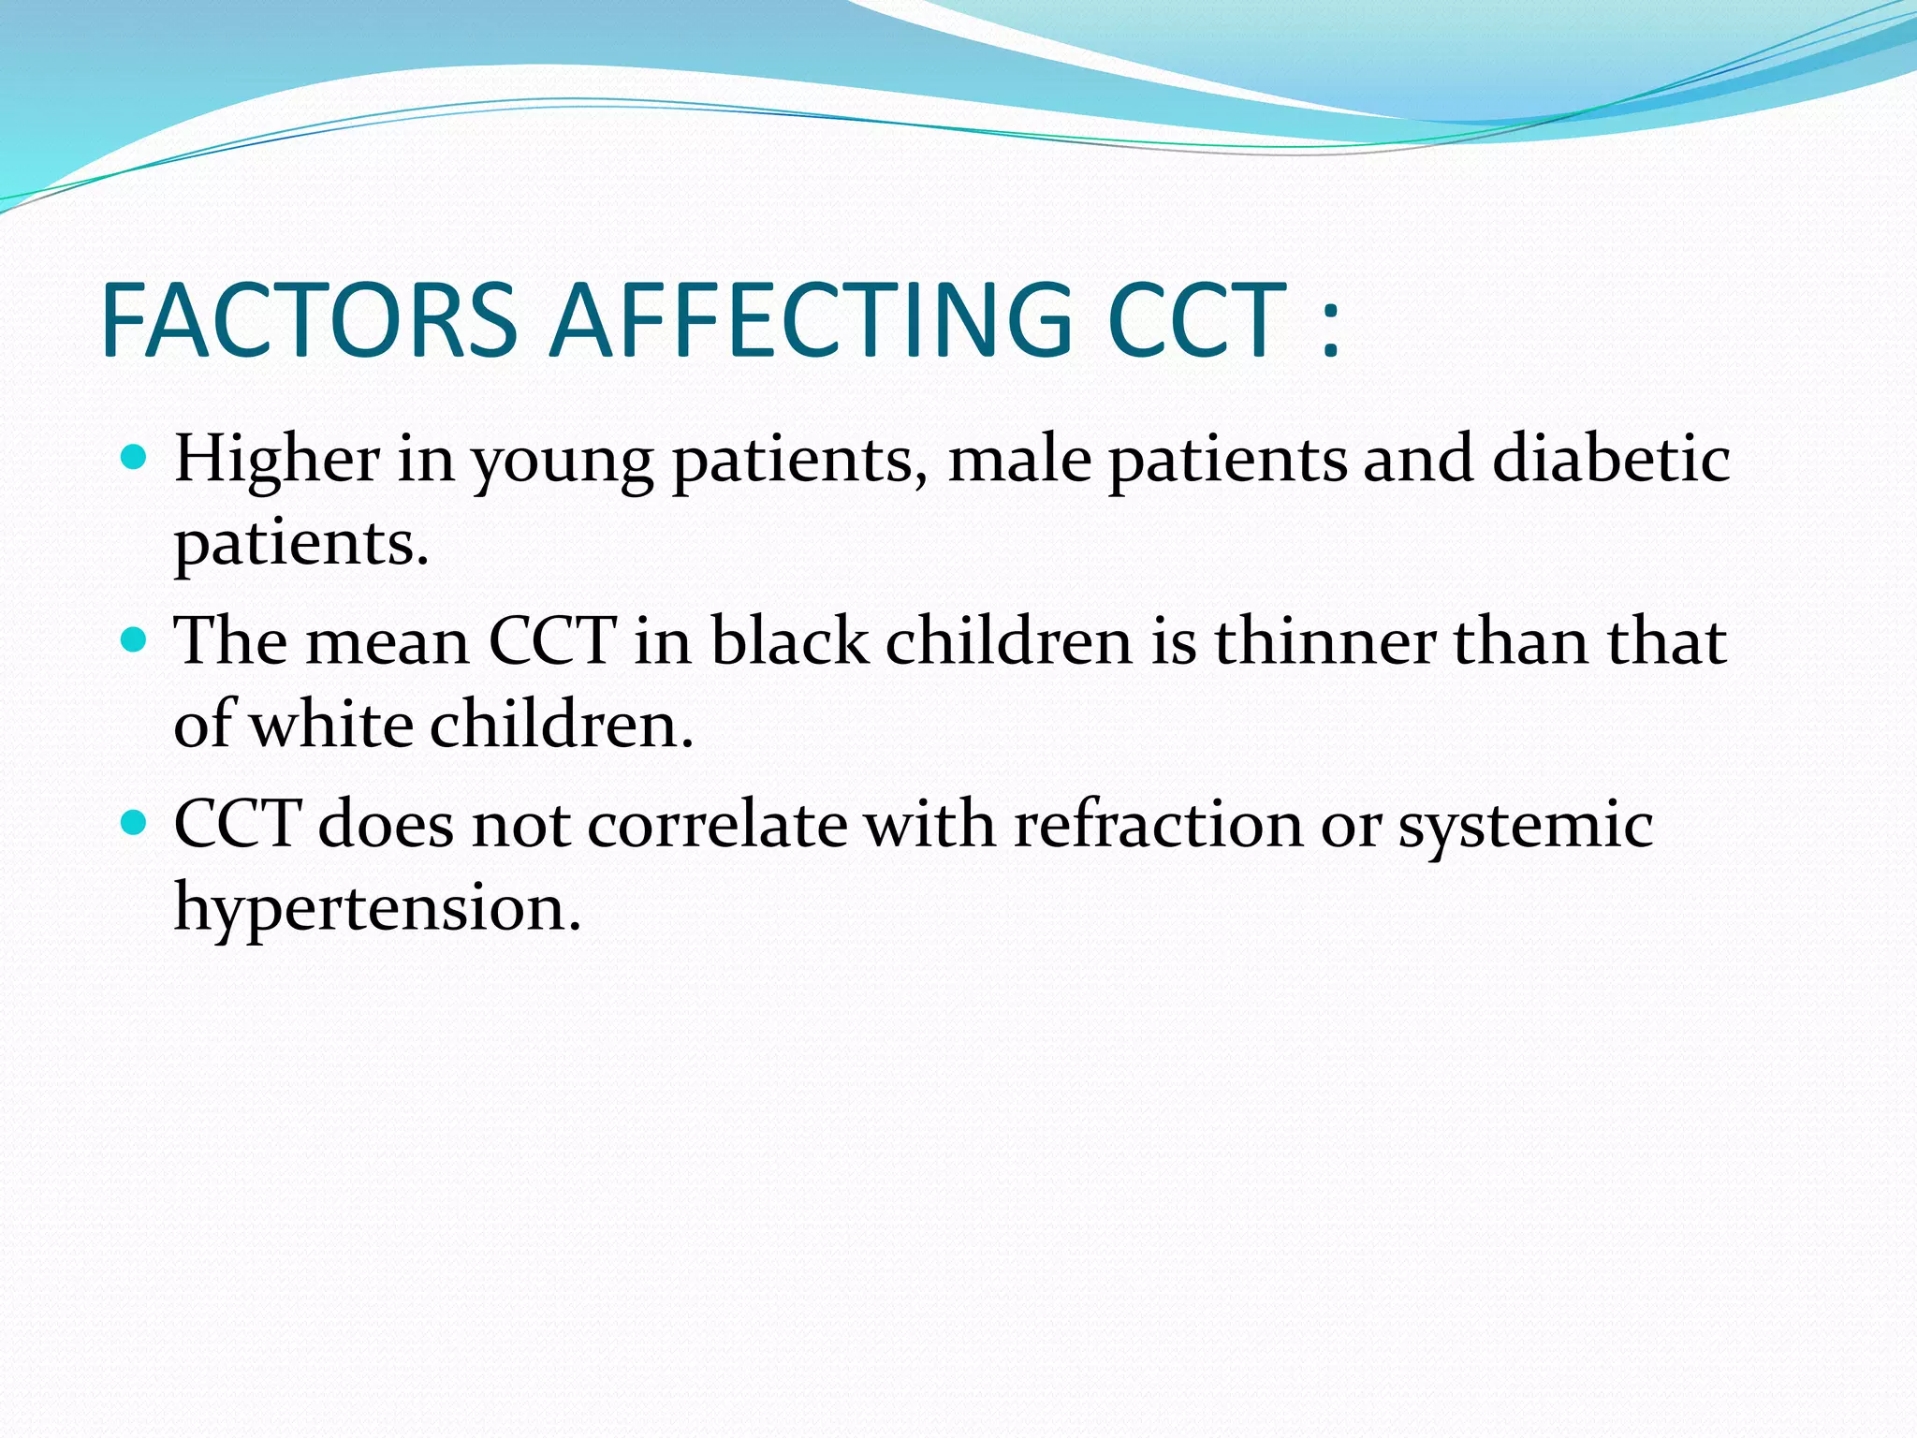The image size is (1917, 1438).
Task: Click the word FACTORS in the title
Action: coord(309,320)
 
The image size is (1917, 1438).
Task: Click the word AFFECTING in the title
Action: coord(811,320)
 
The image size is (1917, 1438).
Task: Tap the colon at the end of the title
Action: coord(1331,330)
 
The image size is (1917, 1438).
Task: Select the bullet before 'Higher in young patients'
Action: coord(136,458)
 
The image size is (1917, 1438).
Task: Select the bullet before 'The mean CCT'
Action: coord(136,640)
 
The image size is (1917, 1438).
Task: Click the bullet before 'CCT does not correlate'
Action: coord(136,823)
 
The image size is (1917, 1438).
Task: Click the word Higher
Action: coord(277,461)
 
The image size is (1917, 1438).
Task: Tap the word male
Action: coord(1020,461)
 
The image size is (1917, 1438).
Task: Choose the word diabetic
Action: coord(1610,459)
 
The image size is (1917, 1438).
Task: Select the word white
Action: coord(332,726)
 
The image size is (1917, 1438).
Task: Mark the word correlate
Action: coord(717,826)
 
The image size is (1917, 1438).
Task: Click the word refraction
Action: coord(1158,826)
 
